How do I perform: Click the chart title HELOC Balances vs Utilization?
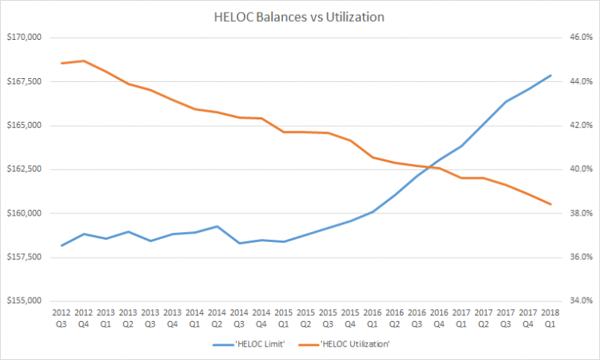[x=300, y=16]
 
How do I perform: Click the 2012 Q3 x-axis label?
[x=61, y=317]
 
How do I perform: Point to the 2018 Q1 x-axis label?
[x=550, y=317]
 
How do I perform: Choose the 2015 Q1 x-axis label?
[x=284, y=317]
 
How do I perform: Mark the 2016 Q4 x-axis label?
[x=439, y=317]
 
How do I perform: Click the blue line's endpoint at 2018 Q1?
[x=550, y=75]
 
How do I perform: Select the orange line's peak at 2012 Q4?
[x=84, y=61]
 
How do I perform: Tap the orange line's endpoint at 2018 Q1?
[x=550, y=205]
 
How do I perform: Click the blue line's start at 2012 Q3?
[x=61, y=245]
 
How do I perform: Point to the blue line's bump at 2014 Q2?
[x=217, y=226]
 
